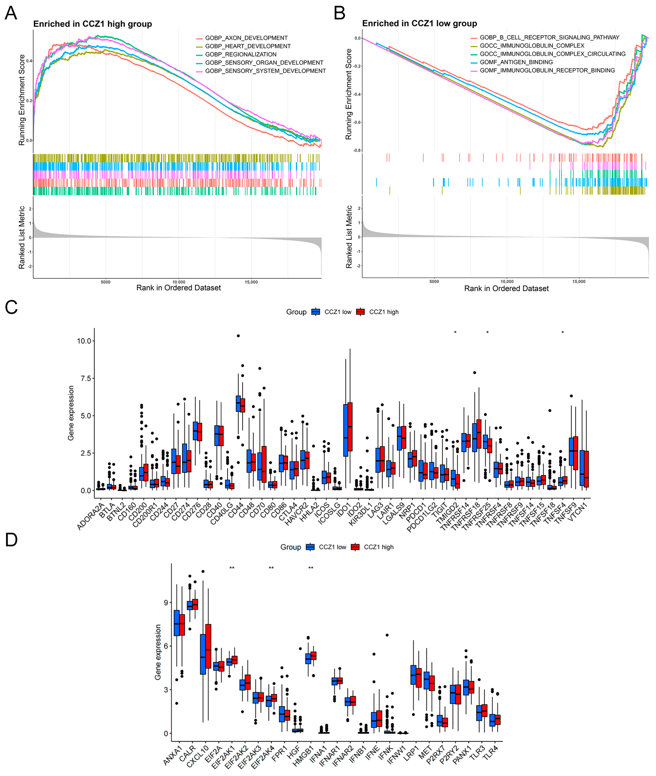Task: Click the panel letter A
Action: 11,13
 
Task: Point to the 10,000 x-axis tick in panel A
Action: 179,282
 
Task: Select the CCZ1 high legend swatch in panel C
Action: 360,312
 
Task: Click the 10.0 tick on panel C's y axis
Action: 84,341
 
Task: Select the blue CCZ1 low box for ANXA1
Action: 177,623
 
